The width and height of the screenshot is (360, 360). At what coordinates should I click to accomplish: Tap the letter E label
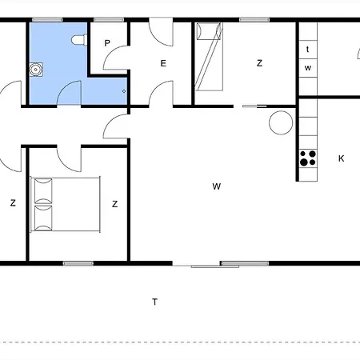(x=162, y=63)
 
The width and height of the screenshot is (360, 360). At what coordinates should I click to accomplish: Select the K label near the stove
(x=341, y=158)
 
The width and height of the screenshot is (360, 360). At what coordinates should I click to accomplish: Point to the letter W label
(x=216, y=186)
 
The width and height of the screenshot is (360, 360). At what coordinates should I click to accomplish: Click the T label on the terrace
(x=154, y=302)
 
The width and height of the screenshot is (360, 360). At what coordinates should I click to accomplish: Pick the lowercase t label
(x=307, y=50)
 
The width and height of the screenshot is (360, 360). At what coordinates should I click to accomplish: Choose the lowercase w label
(x=307, y=68)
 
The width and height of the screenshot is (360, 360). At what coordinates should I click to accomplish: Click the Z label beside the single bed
(x=259, y=62)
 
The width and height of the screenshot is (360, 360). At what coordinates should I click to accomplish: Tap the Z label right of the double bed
(x=115, y=204)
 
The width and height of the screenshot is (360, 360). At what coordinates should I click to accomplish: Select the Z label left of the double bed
(x=13, y=203)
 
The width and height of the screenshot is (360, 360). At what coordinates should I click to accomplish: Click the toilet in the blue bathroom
(x=77, y=39)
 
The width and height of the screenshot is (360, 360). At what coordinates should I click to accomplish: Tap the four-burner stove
(x=306, y=158)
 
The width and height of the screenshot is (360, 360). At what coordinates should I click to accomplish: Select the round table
(x=281, y=122)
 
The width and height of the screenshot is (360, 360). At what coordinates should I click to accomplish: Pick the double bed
(x=65, y=204)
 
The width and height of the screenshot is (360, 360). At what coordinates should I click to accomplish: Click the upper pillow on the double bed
(x=41, y=191)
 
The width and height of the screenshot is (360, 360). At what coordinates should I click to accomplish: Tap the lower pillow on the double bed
(x=41, y=217)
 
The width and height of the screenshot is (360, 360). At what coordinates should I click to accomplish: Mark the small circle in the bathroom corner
(x=124, y=91)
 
